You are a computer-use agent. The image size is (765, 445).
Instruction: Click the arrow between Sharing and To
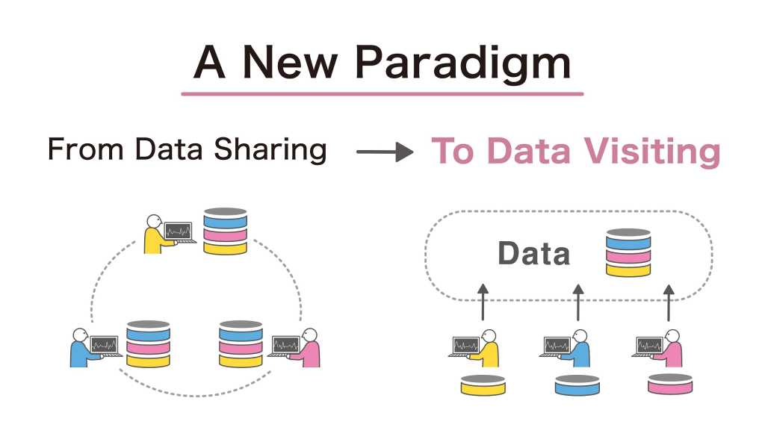pyautogui.click(x=384, y=152)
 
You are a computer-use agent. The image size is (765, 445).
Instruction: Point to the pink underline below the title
pyautogui.click(x=382, y=94)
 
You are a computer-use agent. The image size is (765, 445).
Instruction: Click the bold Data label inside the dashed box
pyautogui.click(x=533, y=254)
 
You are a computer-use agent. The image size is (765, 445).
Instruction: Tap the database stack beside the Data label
pyautogui.click(x=628, y=253)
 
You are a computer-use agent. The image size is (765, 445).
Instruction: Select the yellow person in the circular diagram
pyautogui.click(x=155, y=234)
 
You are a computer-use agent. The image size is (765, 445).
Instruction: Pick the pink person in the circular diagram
pyautogui.click(x=309, y=348)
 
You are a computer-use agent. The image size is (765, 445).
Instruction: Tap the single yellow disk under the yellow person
pyautogui.click(x=482, y=384)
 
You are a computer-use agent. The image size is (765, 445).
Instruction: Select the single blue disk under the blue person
pyautogui.click(x=577, y=384)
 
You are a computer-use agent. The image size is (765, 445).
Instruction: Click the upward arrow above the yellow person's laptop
pyautogui.click(x=483, y=303)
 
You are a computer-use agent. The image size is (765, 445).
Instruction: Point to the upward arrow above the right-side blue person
pyautogui.click(x=577, y=303)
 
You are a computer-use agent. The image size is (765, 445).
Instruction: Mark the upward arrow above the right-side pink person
pyautogui.click(x=670, y=303)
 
